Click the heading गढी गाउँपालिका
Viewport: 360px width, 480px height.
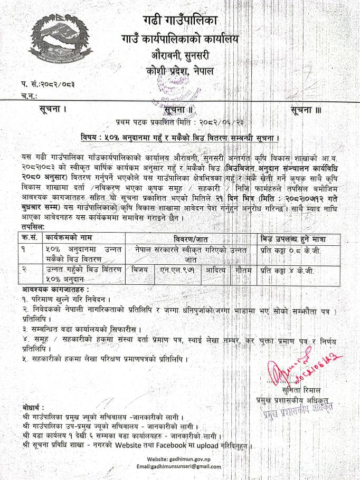click(x=179, y=22)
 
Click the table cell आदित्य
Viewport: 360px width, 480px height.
click(x=215, y=270)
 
